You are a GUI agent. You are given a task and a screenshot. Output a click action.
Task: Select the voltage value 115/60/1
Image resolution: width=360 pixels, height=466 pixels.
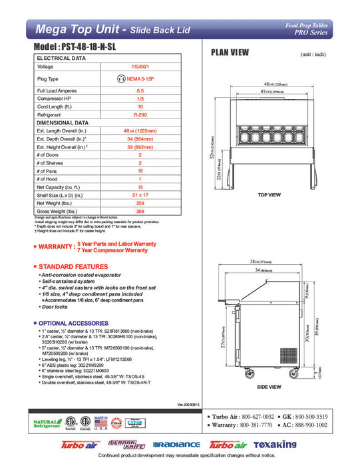140,67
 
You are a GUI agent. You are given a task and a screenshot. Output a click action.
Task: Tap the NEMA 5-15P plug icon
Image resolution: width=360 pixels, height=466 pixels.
121,79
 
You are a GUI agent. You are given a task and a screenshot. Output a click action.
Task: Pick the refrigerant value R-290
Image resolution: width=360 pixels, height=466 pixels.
140,114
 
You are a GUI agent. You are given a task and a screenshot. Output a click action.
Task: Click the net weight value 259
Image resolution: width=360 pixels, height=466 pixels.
140,202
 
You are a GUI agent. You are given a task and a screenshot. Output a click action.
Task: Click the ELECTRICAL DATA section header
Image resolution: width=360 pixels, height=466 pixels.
61,59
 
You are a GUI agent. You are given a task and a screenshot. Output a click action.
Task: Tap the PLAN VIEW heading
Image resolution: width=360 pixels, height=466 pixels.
231,52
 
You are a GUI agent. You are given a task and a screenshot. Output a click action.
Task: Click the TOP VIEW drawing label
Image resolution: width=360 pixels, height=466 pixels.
271,194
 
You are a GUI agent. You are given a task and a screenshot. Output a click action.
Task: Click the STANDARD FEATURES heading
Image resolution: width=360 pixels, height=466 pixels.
73,266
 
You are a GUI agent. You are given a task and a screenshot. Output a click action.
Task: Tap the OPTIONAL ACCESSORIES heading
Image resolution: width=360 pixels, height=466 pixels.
77,323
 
